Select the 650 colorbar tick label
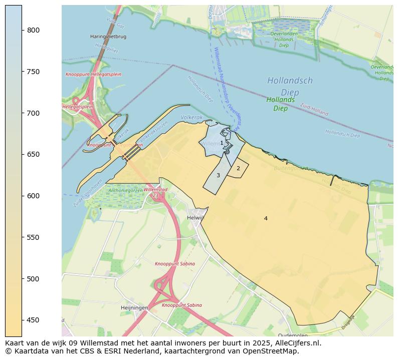(x=33, y=154)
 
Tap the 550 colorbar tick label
(x=33, y=237)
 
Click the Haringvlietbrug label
(x=108, y=37)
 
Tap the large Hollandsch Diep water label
(x=290, y=86)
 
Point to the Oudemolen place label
(x=293, y=335)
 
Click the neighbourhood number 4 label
(x=266, y=218)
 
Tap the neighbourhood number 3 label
(x=218, y=175)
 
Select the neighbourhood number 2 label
(x=238, y=168)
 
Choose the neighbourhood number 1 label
(x=222, y=143)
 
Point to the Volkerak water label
(x=192, y=117)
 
